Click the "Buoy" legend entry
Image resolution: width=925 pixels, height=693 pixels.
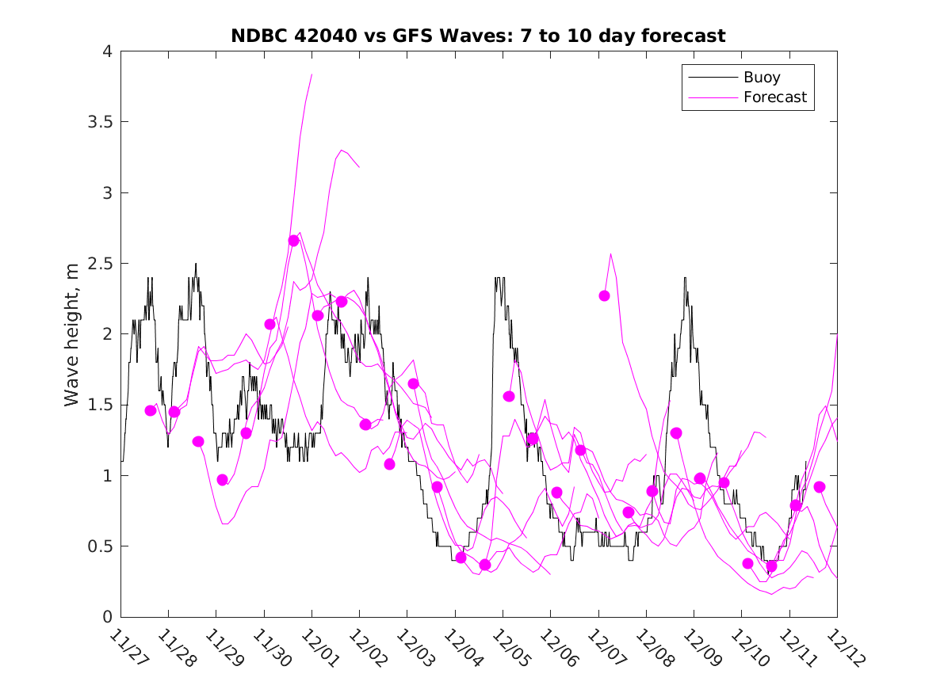pos(761,78)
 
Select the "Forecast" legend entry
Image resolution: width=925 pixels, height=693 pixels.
pos(774,97)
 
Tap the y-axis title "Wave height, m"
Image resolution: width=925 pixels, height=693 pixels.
pos(72,334)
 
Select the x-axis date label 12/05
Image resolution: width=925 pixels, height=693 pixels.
pos(509,647)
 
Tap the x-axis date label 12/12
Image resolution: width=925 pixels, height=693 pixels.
pos(843,647)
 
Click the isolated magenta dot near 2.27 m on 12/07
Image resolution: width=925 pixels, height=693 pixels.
pos(604,295)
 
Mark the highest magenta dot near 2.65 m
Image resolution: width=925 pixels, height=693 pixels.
pos(293,241)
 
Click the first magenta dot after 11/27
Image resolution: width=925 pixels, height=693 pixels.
pos(151,410)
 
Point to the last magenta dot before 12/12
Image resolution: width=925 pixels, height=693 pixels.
pos(820,487)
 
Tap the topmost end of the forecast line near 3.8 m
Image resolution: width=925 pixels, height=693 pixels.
pos(312,74)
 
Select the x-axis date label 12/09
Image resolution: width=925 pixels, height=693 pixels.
pos(700,647)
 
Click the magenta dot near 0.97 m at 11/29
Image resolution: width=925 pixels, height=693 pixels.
pos(222,480)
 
